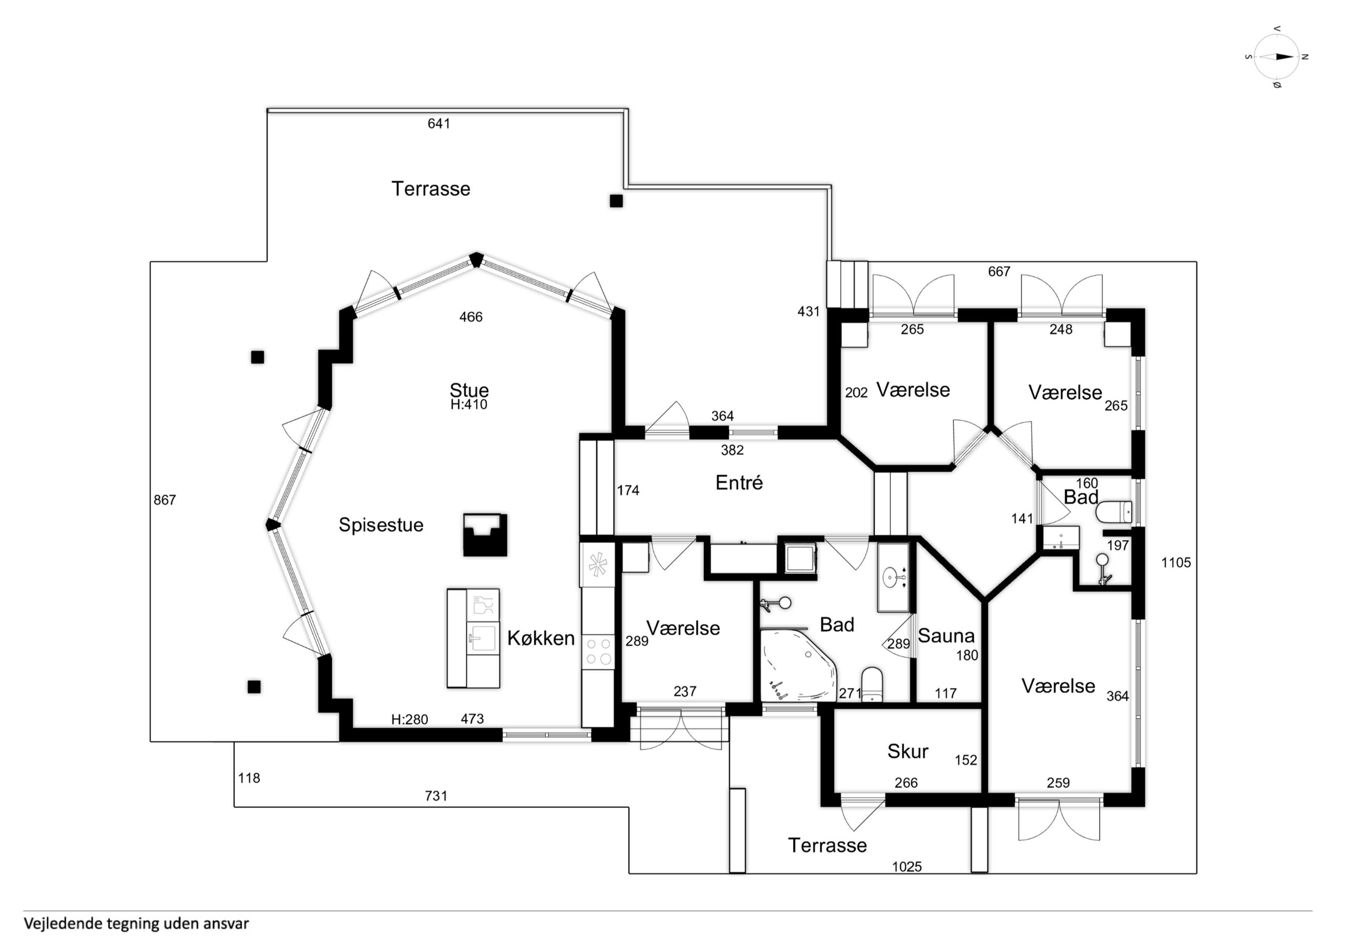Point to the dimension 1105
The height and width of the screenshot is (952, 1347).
pyautogui.click(x=1176, y=563)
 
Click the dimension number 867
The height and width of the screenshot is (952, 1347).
pyautogui.click(x=164, y=500)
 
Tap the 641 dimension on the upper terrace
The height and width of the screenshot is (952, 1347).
pyautogui.click(x=438, y=123)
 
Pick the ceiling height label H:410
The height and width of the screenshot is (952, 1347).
pyautogui.click(x=469, y=404)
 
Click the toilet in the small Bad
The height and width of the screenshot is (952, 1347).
pyautogui.click(x=1114, y=512)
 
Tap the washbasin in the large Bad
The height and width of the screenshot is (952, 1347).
pyautogui.click(x=892, y=578)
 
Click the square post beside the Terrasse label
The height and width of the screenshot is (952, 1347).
pyautogui.click(x=616, y=201)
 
